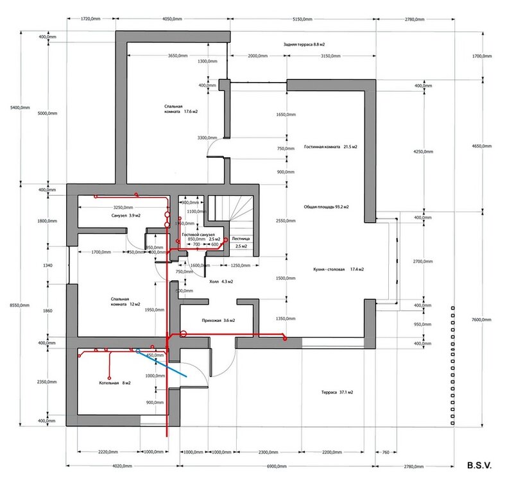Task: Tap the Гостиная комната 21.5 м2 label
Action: [330, 147]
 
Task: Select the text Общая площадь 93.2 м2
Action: [326, 207]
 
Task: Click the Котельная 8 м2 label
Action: [115, 383]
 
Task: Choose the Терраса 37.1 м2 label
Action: [338, 392]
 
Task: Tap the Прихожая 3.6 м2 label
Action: [214, 319]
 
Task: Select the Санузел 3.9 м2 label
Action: [125, 216]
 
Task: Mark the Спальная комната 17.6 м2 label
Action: [173, 109]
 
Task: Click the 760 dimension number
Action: [385, 452]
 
